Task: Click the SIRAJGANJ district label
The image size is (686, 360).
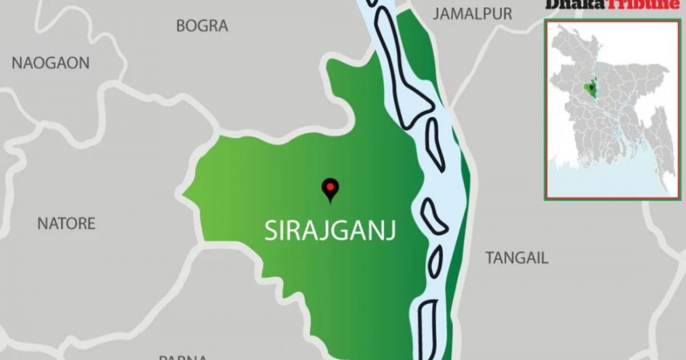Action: pyautogui.click(x=330, y=231)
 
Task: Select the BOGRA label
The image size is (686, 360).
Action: pyautogui.click(x=202, y=26)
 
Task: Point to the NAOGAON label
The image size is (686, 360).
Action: pyautogui.click(x=50, y=63)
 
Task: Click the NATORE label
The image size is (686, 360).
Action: pyautogui.click(x=66, y=223)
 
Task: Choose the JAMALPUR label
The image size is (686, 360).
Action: pyautogui.click(x=472, y=14)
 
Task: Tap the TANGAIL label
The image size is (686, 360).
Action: pyautogui.click(x=517, y=258)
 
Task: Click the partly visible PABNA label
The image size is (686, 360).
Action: pyautogui.click(x=183, y=357)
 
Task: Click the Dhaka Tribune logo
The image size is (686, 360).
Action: pyautogui.click(x=612, y=5)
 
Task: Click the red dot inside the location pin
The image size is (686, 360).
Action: pyautogui.click(x=329, y=186)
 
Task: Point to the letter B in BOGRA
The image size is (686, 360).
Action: pyautogui.click(x=181, y=26)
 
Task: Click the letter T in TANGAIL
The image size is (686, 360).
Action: pyautogui.click(x=490, y=258)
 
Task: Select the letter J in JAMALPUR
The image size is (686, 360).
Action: pyautogui.click(x=437, y=14)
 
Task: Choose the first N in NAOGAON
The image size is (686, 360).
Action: pyautogui.click(x=17, y=63)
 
